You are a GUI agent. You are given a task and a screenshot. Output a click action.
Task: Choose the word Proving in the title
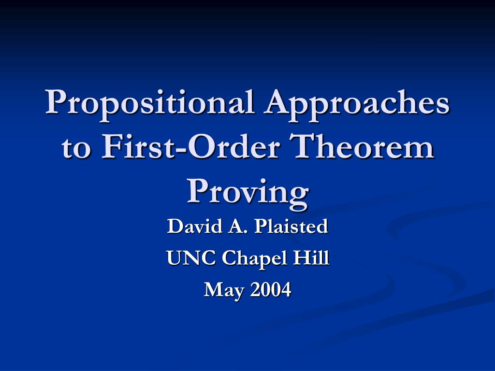tap(248, 193)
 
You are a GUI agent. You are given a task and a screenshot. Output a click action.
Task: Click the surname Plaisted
tap(291, 226)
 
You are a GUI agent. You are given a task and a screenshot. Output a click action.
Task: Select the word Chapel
tap(255, 259)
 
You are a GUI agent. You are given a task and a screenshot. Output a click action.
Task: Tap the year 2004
tap(271, 290)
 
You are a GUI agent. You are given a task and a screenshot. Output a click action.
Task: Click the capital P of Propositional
tap(58, 101)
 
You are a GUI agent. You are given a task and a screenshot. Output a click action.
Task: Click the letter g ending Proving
tap(298, 198)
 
